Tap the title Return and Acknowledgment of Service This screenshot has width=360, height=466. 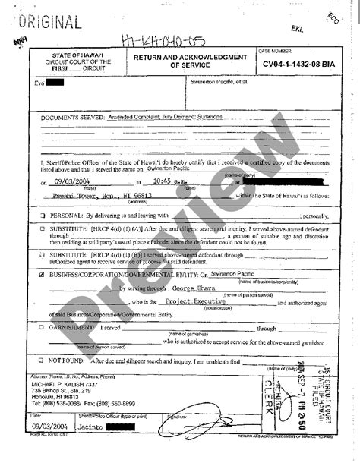[190, 61]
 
